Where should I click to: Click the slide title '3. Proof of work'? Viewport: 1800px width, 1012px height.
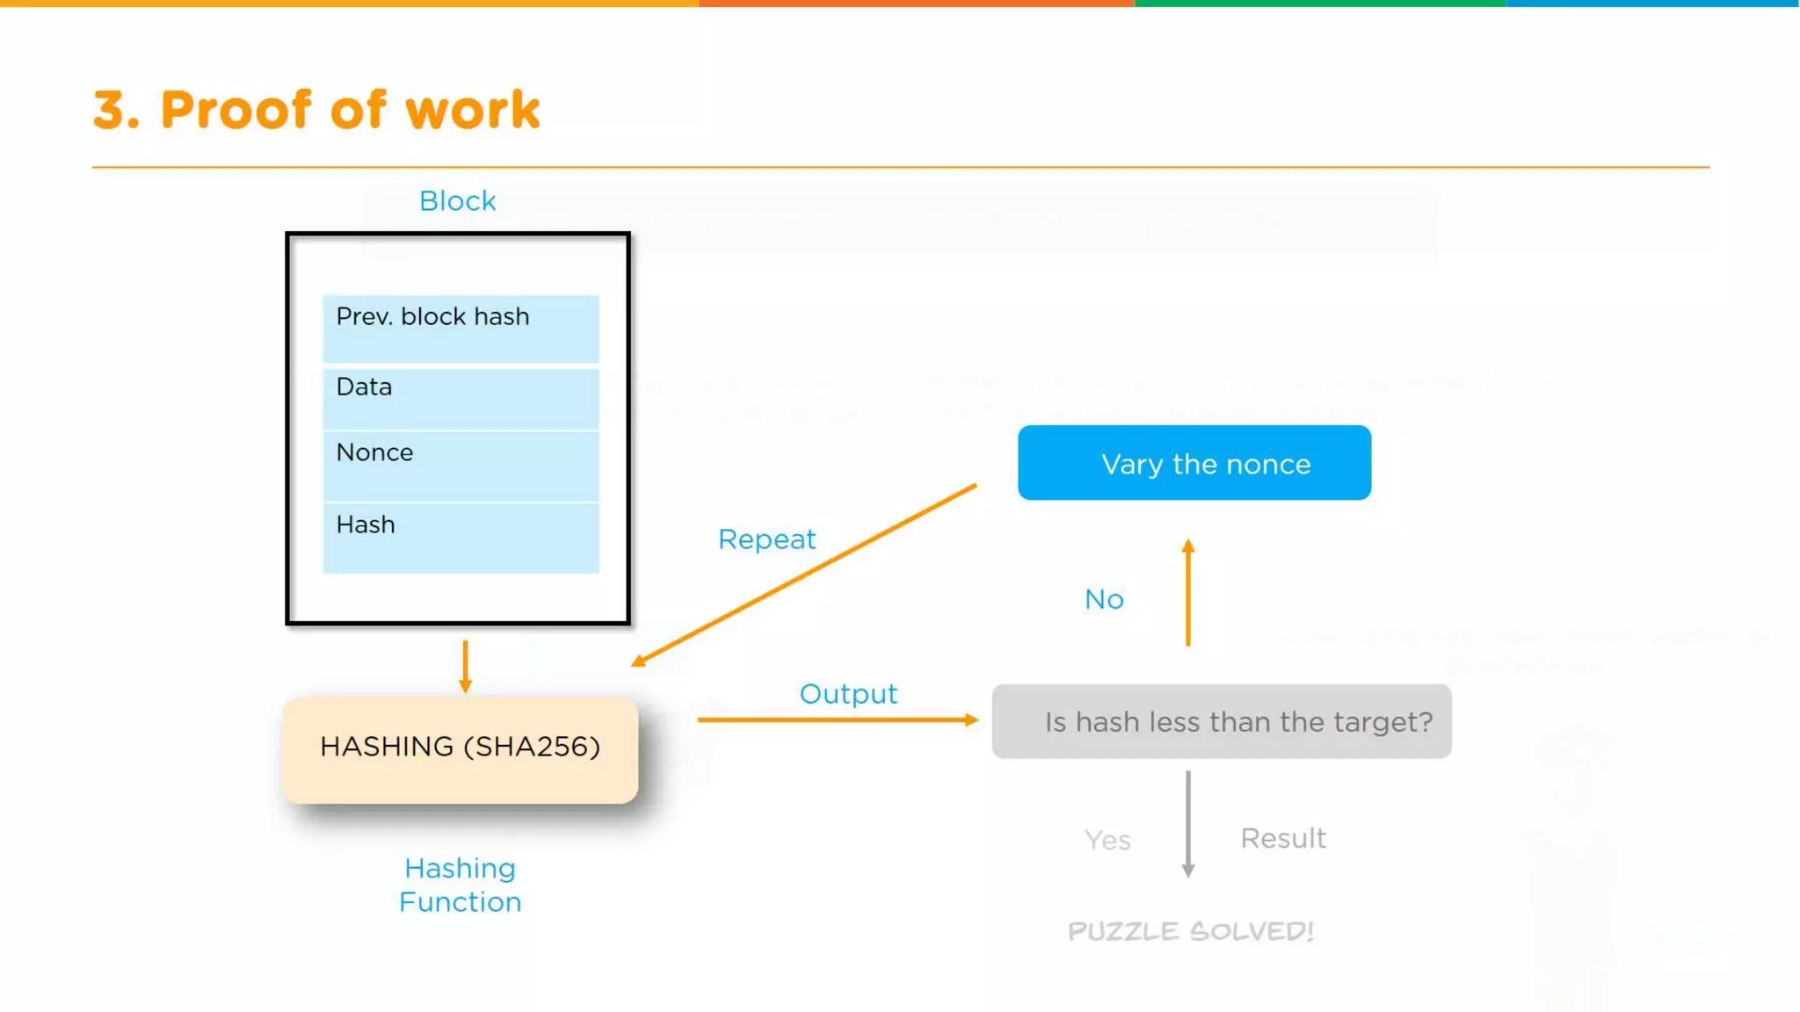(316, 110)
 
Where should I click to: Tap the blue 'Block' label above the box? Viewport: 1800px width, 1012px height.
(457, 201)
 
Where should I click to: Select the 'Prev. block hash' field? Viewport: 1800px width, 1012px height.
(461, 328)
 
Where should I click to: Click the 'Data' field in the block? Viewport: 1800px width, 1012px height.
(461, 398)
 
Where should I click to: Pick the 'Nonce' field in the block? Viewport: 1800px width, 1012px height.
(461, 465)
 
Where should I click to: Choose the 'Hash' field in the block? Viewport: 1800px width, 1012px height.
(461, 537)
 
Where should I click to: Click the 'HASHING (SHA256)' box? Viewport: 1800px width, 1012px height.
(460, 748)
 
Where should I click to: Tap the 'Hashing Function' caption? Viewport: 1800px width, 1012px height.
(460, 885)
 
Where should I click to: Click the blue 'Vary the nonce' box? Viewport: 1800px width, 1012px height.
(1194, 463)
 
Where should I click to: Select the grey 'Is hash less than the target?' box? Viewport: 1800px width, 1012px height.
(1221, 721)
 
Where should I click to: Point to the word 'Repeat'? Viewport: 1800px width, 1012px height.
(766, 539)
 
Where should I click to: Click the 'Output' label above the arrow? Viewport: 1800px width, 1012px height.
(848, 694)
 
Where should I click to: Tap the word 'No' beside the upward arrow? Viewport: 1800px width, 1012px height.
(1104, 599)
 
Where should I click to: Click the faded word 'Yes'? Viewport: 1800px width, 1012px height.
(1107, 841)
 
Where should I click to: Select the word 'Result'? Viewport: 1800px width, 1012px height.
(1282, 838)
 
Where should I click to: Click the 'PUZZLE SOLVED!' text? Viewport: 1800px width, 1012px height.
(1190, 931)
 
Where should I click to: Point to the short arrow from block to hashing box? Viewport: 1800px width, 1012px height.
(465, 666)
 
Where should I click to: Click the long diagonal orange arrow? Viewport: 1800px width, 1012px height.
(804, 575)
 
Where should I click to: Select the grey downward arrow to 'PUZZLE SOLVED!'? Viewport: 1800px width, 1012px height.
(1187, 824)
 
